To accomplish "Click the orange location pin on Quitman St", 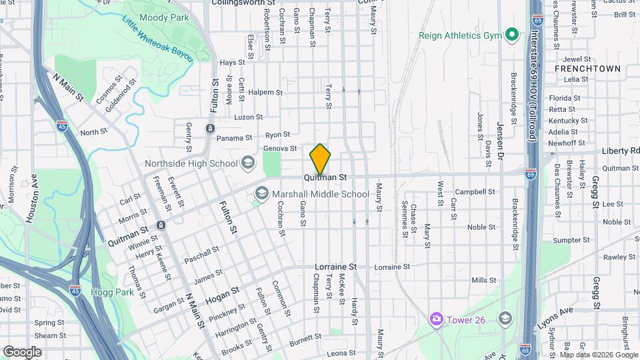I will pyautogui.click(x=320, y=159).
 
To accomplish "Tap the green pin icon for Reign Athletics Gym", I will pyautogui.click(x=512, y=35).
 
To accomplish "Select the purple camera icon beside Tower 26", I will pyautogui.click(x=437, y=319).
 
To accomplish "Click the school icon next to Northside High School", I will pyautogui.click(x=248, y=163).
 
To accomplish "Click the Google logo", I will pyautogui.click(x=22, y=351).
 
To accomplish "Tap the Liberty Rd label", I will pyautogui.click(x=620, y=151).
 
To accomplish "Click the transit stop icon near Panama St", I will pyautogui.click(x=210, y=129).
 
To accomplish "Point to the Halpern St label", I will pyautogui.click(x=267, y=92).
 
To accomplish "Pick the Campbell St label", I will pyautogui.click(x=475, y=191).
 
